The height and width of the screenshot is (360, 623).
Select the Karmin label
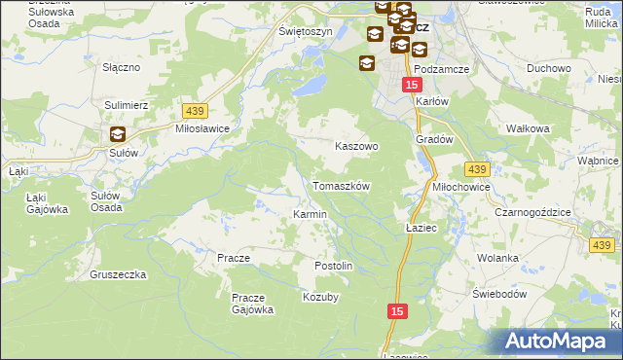pos(310,214)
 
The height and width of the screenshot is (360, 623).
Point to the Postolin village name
pos(332,266)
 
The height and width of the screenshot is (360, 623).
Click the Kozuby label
pos(320,297)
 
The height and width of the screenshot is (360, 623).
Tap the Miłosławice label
pos(202,128)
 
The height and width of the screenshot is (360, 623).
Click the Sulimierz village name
pos(126,102)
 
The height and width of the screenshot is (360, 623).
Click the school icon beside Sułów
pos(117,135)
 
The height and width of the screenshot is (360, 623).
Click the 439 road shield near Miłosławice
pos(192,112)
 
